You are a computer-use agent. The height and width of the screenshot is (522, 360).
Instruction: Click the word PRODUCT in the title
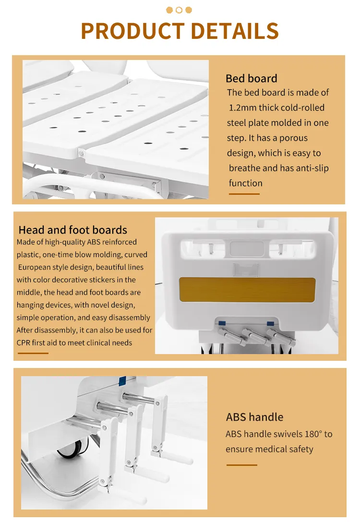point(132,31)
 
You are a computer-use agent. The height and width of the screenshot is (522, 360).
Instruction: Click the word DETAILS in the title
point(235,31)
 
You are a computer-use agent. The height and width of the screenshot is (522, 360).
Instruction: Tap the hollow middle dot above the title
point(179,10)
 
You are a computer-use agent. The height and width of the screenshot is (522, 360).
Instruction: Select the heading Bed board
point(252,78)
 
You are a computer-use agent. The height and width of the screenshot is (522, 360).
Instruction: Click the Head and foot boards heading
point(72,230)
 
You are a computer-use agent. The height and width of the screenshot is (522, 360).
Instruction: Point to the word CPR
point(24,343)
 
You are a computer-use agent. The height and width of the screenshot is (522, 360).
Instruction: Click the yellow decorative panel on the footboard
point(247,290)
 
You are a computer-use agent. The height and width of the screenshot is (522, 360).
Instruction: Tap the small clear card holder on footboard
point(246,269)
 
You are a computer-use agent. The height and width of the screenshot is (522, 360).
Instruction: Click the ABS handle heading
point(254,417)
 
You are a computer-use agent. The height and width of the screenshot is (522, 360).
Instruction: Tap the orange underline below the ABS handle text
point(242,465)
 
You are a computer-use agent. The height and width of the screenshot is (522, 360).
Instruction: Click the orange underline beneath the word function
point(244,194)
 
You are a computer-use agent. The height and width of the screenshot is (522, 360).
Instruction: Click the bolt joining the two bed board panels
point(81,153)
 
